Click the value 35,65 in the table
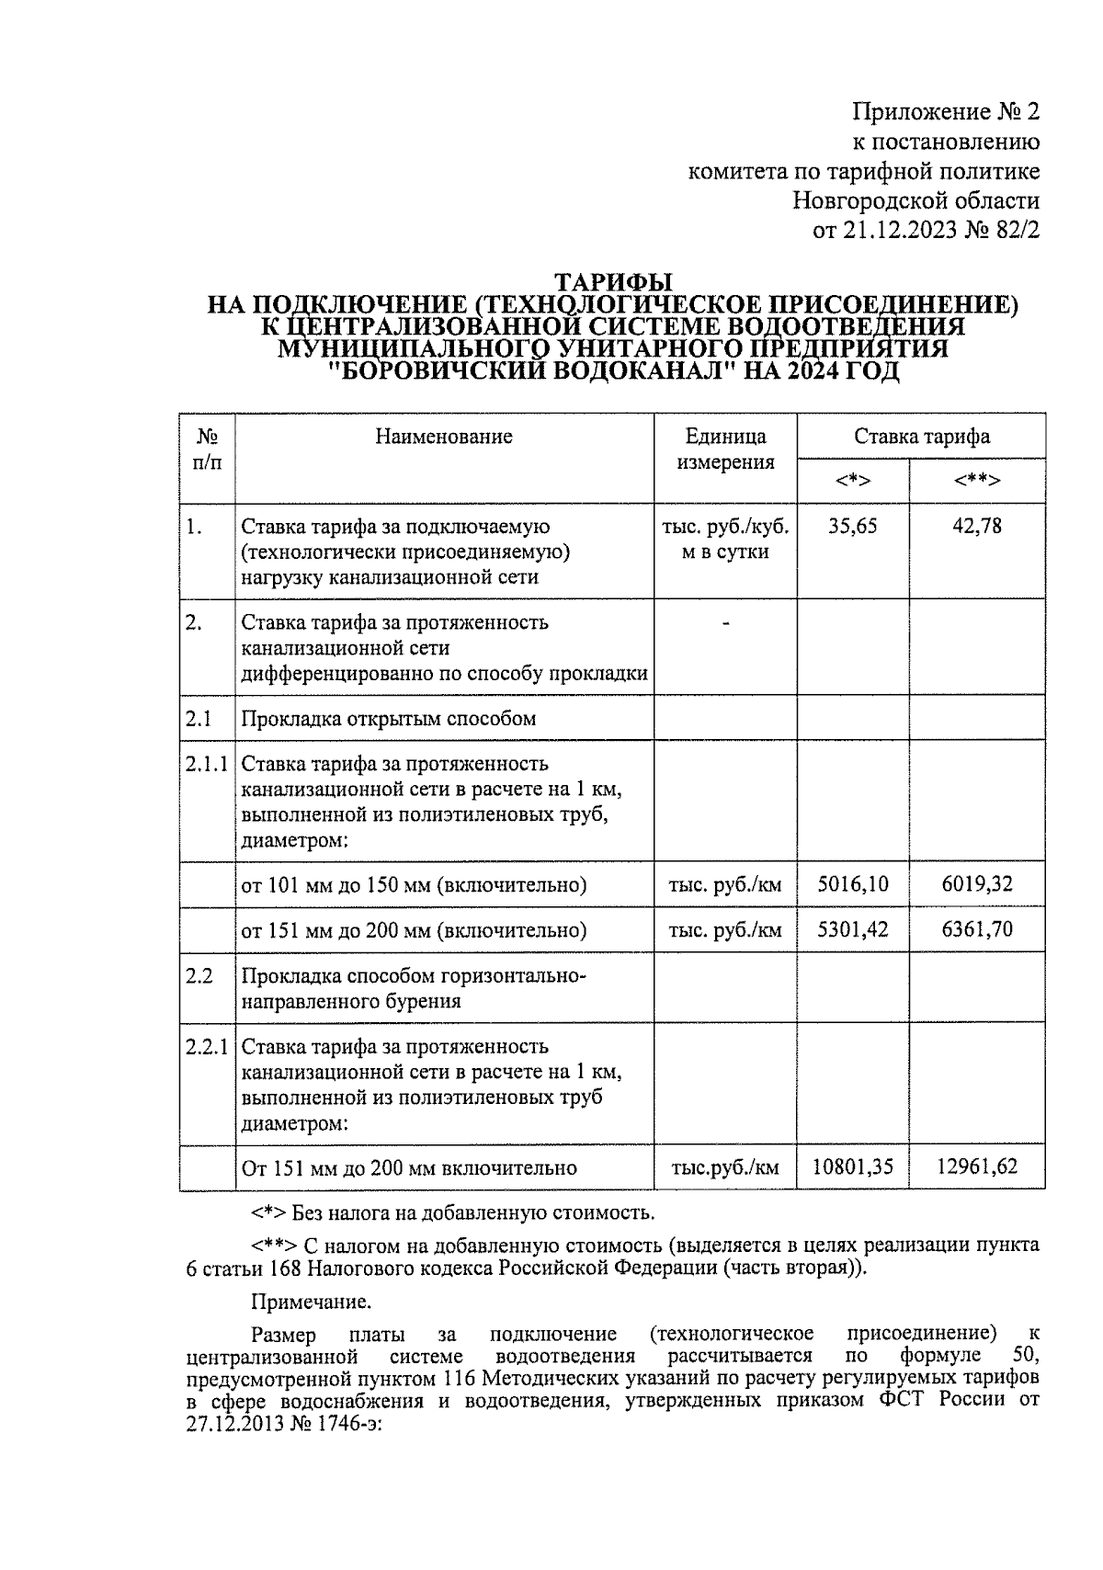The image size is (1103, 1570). (852, 527)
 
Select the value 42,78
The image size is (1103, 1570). (977, 527)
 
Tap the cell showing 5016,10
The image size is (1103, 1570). (853, 885)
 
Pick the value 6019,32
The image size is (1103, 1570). (977, 885)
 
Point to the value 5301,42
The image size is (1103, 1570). (853, 930)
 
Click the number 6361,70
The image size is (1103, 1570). (977, 930)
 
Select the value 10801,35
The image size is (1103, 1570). (853, 1167)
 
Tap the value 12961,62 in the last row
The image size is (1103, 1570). (977, 1167)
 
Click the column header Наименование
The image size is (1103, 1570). (443, 437)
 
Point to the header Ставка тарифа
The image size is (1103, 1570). (921, 437)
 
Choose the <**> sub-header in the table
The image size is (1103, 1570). (977, 481)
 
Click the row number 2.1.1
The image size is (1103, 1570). (206, 764)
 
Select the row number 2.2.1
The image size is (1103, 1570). (206, 1047)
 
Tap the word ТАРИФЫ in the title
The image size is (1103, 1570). (613, 282)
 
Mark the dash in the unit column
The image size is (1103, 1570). (725, 624)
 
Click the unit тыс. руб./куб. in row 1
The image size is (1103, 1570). (725, 527)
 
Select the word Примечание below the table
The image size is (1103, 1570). (311, 1302)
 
